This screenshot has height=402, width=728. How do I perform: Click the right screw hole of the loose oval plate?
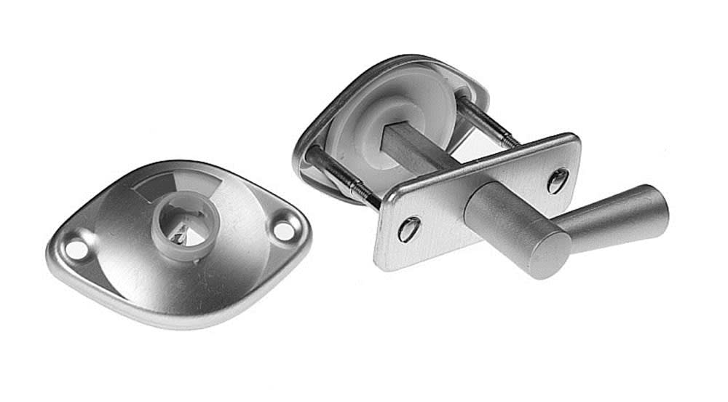[x=284, y=230]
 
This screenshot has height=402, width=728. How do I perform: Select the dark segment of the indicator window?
[x=154, y=189]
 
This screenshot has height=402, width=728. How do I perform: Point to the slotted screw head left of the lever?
[x=408, y=229]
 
